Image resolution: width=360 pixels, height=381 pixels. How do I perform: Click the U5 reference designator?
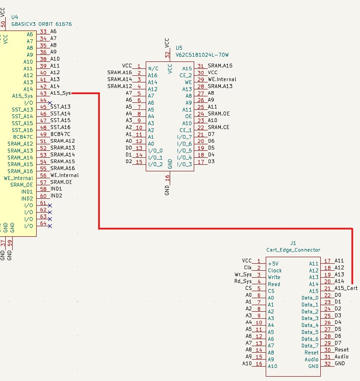179,48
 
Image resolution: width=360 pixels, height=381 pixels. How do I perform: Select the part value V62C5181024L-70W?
202,55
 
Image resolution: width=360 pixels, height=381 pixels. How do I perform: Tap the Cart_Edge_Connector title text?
293,250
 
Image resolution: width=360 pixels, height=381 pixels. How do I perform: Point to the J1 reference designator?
293,243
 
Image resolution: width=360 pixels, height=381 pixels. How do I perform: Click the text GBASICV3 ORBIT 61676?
41,24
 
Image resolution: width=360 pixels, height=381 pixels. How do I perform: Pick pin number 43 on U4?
43,93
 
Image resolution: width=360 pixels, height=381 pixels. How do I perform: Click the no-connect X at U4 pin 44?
50,102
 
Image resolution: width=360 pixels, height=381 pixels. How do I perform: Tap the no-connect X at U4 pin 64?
50,226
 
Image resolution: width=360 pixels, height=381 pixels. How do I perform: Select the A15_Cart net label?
346,288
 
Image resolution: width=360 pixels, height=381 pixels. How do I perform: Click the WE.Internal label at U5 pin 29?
222,79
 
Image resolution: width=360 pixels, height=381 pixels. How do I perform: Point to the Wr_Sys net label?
243,275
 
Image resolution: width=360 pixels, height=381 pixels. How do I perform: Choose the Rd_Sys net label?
243,281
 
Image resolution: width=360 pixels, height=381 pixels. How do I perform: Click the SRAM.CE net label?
218,127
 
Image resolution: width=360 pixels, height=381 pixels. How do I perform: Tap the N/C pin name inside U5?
153,68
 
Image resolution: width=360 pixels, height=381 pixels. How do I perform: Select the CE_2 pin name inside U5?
186,75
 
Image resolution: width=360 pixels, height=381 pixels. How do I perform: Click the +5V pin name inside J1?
273,264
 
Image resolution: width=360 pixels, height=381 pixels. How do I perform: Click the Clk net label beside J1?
248,268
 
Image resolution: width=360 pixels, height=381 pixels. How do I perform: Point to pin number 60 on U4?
43,196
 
